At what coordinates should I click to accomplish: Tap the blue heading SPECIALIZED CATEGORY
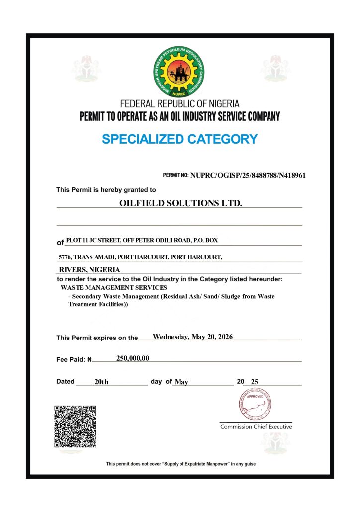pyautogui.click(x=180, y=139)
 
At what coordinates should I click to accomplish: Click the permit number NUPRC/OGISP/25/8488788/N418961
pyautogui.click(x=248, y=175)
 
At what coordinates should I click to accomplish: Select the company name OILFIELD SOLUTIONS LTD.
pyautogui.click(x=180, y=203)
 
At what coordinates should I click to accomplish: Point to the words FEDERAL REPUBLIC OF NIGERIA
pyautogui.click(x=180, y=104)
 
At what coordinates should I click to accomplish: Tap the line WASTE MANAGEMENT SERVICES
pyautogui.click(x=114, y=287)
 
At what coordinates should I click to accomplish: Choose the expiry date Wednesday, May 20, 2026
pyautogui.click(x=192, y=337)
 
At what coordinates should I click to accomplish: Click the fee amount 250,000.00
pyautogui.click(x=133, y=358)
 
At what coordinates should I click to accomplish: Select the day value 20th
pyautogui.click(x=101, y=382)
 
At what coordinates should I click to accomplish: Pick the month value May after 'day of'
pyautogui.click(x=181, y=382)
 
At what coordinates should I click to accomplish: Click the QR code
pyautogui.click(x=75, y=426)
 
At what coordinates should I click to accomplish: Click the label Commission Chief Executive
pyautogui.click(x=256, y=427)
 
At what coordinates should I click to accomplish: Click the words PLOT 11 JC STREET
pyautogui.click(x=92, y=241)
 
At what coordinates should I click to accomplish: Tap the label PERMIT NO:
pyautogui.click(x=176, y=176)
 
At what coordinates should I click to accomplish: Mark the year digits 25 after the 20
pyautogui.click(x=255, y=382)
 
